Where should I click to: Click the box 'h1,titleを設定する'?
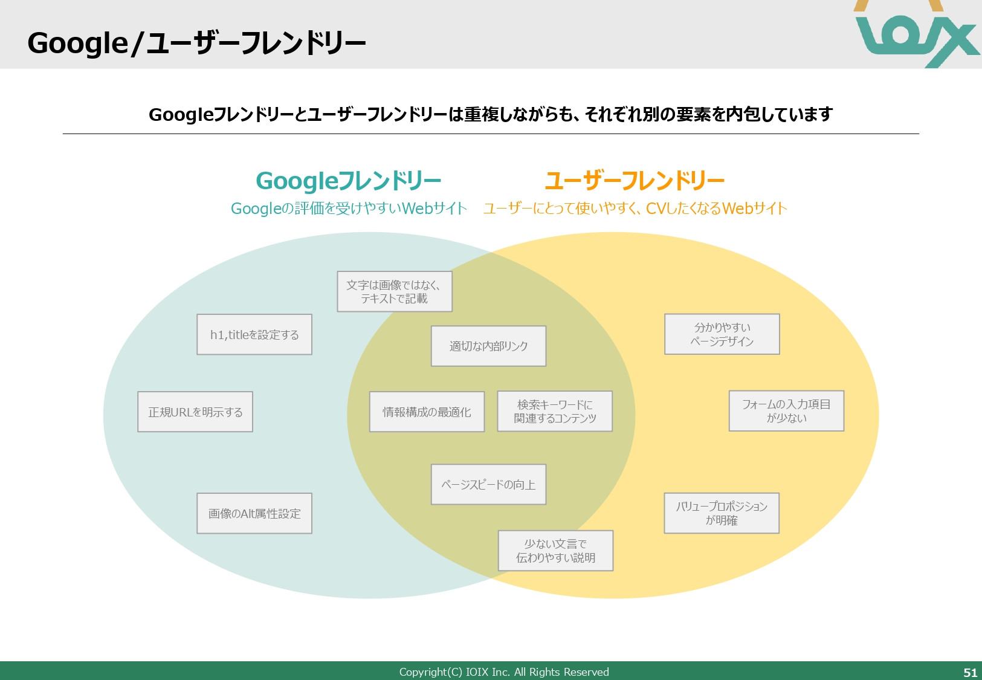point(254,334)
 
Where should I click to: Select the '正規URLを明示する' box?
point(195,412)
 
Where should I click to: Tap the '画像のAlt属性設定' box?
point(254,513)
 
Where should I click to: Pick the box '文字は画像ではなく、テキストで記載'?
point(394,291)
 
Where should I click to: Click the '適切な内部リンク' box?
point(488,346)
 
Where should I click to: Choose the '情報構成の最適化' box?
point(427,412)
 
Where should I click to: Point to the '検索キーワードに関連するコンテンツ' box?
point(555,411)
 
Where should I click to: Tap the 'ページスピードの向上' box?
point(488,484)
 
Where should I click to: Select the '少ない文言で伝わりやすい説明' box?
point(555,551)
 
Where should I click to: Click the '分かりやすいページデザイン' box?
point(722,334)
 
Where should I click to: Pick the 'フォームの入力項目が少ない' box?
point(786,411)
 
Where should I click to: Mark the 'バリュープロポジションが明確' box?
point(722,513)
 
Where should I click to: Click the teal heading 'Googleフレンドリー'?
point(349,181)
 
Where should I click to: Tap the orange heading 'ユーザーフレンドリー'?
point(635,181)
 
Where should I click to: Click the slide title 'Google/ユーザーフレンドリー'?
point(196,44)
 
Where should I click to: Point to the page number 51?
point(970,672)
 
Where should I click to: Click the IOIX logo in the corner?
point(917,34)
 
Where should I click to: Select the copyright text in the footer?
point(504,672)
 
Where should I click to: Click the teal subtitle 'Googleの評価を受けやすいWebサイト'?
point(349,209)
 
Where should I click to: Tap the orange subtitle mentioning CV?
point(635,209)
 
